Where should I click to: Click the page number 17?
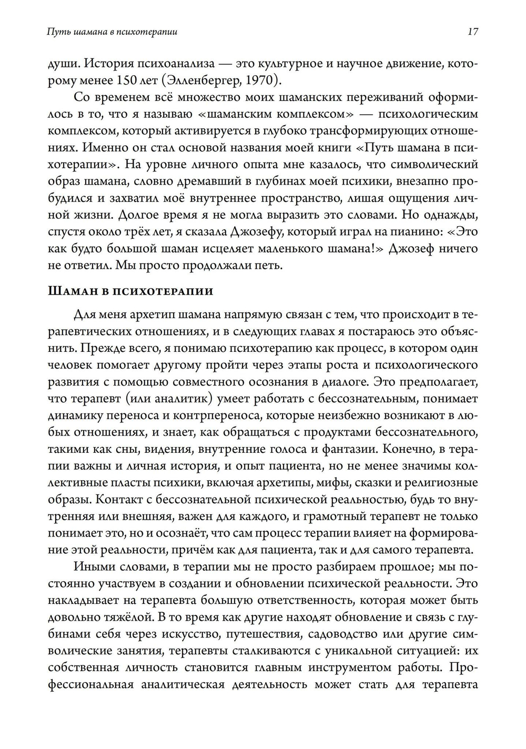click(472, 32)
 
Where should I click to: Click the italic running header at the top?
click(112, 32)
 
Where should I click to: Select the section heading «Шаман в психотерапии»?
click(130, 291)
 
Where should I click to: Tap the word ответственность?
click(335, 601)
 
